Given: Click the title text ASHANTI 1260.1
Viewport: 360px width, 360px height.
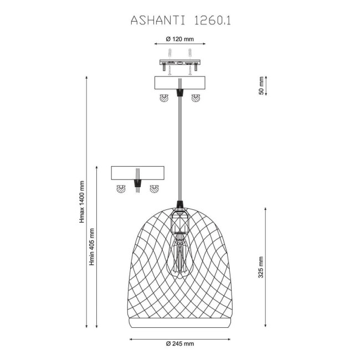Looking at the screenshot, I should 181,20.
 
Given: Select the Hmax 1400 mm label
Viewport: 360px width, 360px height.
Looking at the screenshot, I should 81,202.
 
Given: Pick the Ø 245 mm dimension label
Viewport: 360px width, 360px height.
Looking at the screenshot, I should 180,344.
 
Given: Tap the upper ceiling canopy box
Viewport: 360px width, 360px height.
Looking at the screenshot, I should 179,84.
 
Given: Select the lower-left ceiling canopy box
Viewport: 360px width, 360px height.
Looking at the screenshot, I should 137,173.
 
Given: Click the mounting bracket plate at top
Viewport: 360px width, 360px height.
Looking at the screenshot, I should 179,64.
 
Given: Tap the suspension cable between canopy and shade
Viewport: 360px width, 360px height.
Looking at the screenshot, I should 179,150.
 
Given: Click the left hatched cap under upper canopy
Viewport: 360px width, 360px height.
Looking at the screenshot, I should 164,98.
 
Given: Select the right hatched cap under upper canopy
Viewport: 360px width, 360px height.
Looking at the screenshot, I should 195,98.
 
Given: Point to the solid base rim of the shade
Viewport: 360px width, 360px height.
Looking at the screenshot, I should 180,322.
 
